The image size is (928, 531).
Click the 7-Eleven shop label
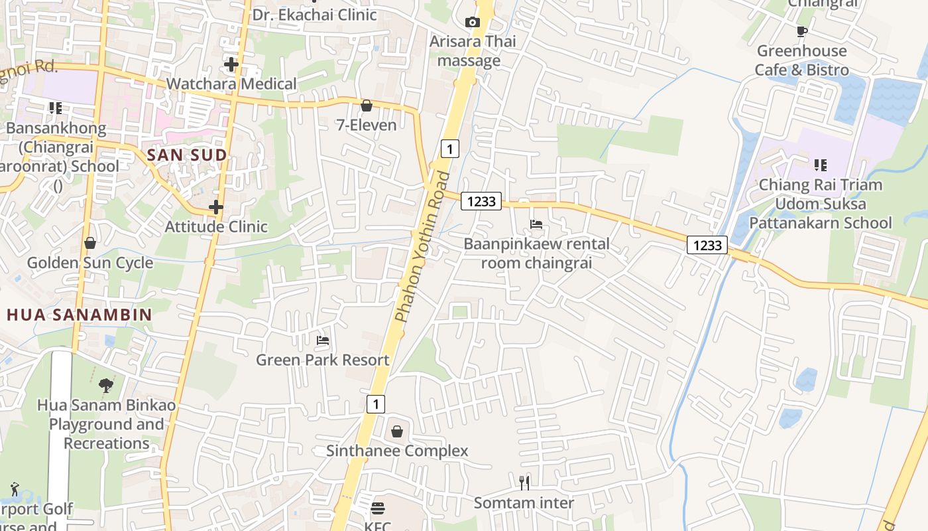[367, 125]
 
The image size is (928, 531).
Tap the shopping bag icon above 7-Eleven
[366, 106]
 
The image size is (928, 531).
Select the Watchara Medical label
[231, 84]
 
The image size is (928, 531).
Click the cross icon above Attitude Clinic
[215, 207]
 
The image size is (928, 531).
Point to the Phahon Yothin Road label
[422, 247]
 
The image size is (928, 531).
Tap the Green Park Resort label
[323, 360]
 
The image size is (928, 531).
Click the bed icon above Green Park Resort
[323, 341]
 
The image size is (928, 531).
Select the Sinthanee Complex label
[397, 451]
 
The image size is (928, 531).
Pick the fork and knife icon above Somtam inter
[524, 483]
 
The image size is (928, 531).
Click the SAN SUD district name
[187, 155]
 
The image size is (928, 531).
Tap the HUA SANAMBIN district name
[80, 315]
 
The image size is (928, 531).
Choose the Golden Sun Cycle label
[90, 263]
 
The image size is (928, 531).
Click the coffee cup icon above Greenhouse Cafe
[802, 31]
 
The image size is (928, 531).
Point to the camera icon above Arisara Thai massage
[472, 22]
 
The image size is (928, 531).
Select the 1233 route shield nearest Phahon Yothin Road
[481, 201]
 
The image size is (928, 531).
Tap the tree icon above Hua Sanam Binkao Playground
[106, 385]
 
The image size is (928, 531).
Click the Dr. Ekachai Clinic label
[315, 14]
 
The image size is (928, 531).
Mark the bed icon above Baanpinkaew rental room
[536, 224]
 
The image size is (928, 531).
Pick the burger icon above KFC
[378, 508]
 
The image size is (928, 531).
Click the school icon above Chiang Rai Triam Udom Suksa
[821, 165]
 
